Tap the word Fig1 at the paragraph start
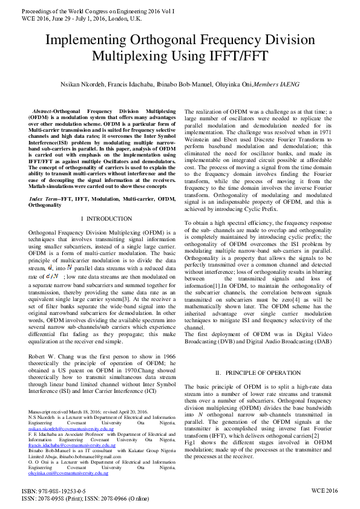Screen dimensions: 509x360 point(191,443)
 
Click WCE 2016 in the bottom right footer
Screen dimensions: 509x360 point(324,491)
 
